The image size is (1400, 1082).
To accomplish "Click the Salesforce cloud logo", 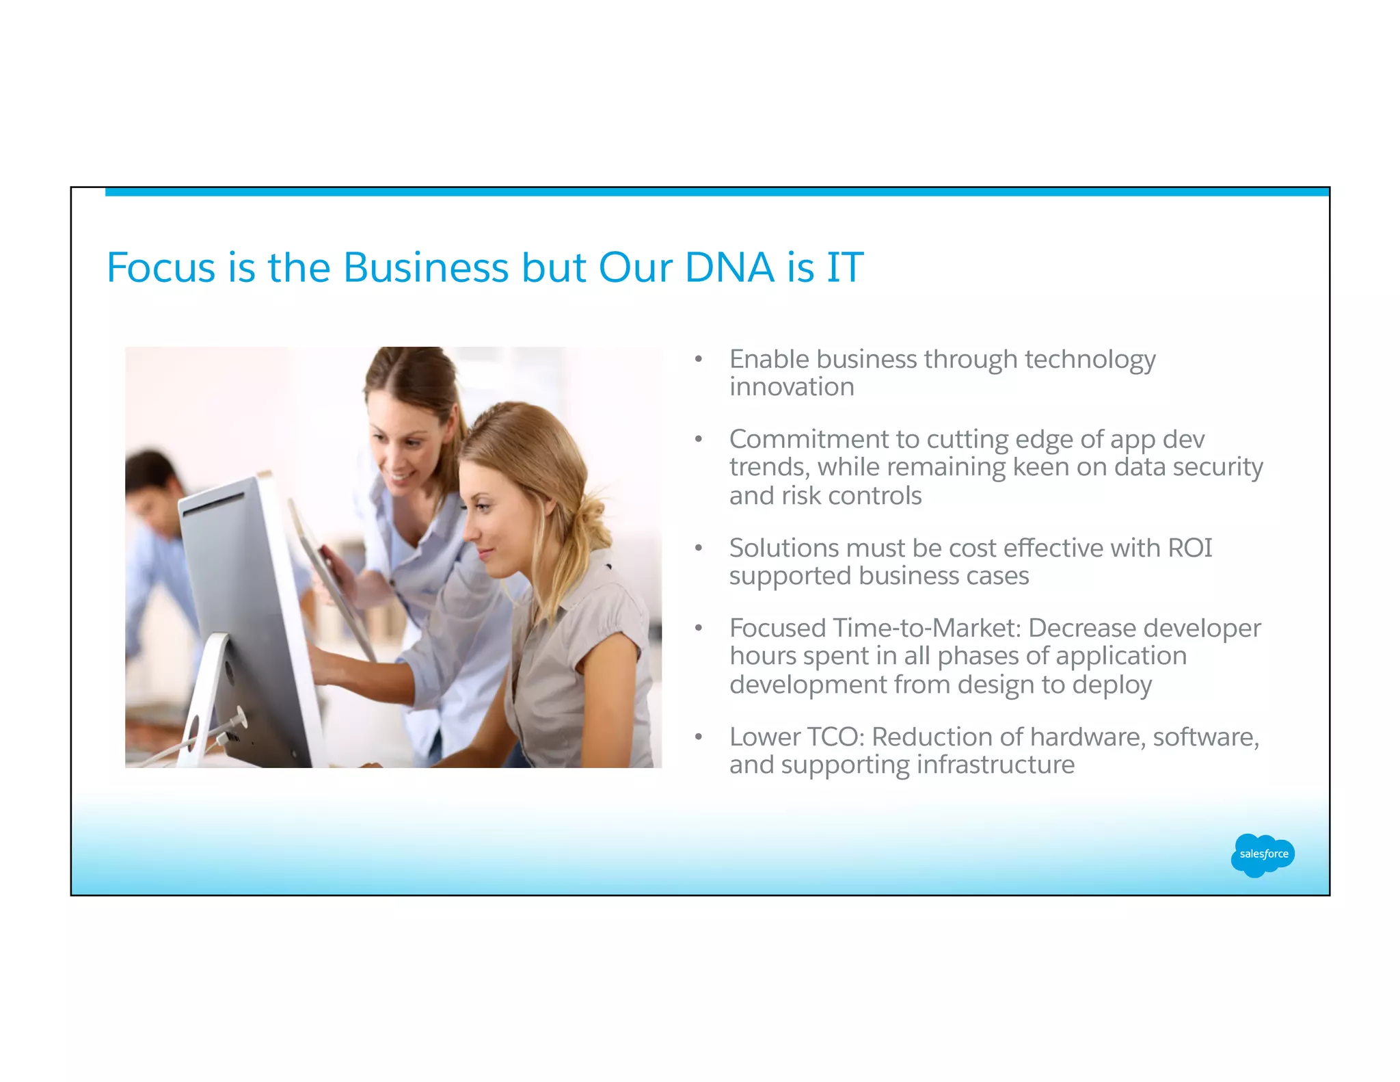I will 1263,854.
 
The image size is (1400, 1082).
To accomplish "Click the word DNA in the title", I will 730,267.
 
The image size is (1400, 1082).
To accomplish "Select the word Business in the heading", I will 425,267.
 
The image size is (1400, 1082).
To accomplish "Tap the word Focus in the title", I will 161,267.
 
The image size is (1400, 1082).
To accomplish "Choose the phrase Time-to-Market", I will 926,628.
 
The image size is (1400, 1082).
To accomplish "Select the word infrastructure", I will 995,765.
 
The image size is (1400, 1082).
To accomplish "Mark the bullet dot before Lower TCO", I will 699,737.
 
